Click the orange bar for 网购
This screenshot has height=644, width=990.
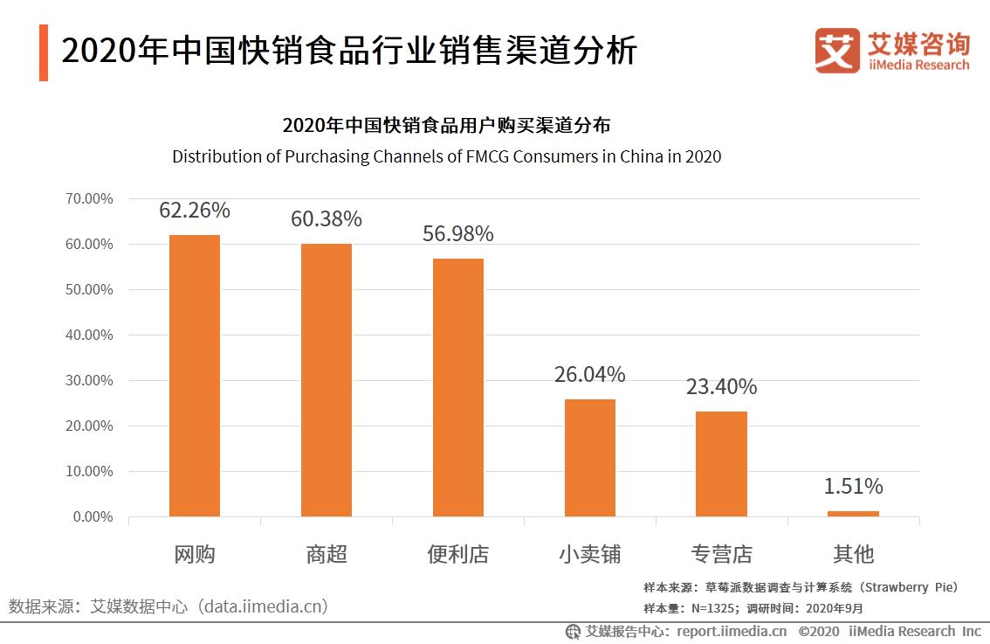194,376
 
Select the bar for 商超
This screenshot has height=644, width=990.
327,380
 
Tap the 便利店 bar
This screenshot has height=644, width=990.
458,387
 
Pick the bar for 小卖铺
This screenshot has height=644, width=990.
590,457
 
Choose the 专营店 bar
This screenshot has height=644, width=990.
721,463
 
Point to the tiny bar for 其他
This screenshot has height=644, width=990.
853,514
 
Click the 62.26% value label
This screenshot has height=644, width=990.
194,211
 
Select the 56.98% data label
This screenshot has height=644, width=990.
458,234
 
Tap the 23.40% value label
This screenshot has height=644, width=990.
721,386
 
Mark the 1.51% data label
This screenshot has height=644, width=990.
853,486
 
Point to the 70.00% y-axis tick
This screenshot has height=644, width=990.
89,198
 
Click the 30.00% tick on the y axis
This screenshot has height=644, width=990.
89,380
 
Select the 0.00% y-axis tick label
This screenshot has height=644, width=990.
93,516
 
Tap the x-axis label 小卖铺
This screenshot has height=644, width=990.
590,554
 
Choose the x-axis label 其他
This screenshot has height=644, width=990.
853,554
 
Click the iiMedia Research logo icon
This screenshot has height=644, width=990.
836,51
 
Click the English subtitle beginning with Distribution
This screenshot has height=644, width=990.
446,157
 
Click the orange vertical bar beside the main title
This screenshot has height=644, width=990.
44,53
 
